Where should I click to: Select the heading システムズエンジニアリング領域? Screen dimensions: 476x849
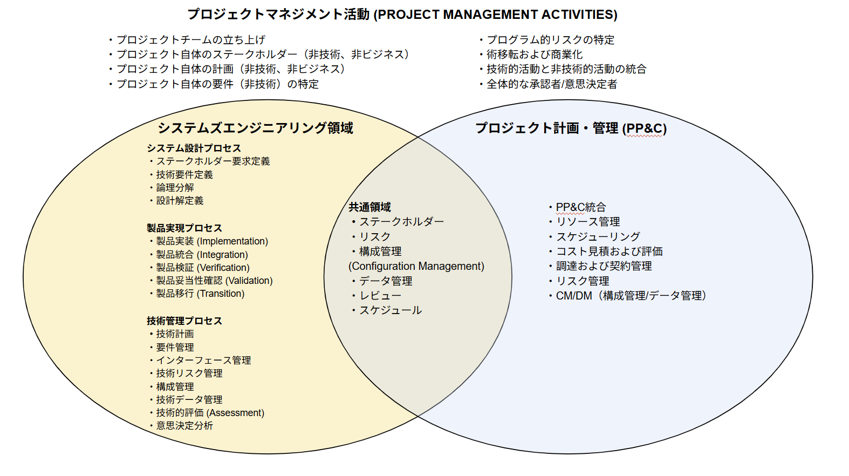tap(255, 128)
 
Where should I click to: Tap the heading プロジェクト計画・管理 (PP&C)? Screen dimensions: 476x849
tap(571, 128)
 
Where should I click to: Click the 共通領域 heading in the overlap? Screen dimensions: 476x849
tap(369, 207)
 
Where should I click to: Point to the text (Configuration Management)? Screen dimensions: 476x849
tap(416, 266)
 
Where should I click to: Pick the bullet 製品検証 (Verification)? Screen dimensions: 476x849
tap(203, 268)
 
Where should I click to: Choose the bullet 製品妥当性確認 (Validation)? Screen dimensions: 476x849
tap(214, 281)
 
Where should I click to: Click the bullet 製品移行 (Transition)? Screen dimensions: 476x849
tap(200, 294)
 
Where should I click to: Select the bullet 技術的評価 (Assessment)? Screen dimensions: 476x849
tap(210, 413)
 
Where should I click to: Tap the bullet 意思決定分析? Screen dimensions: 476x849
tap(184, 426)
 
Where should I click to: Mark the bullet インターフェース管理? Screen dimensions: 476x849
tap(203, 361)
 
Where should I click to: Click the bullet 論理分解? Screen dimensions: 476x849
tap(175, 188)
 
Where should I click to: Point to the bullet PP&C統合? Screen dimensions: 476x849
tap(580, 207)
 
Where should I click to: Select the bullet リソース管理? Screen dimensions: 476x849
tap(588, 222)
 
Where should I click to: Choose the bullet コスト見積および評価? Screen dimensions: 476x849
tap(609, 251)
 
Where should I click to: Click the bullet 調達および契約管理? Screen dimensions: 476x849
tap(604, 266)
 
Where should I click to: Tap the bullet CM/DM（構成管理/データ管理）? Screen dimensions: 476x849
tap(631, 296)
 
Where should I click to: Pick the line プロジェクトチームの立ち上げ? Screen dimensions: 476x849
tap(190, 40)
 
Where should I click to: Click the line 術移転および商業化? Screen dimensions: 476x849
tap(534, 55)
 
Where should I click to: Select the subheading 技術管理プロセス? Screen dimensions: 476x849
tap(184, 321)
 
